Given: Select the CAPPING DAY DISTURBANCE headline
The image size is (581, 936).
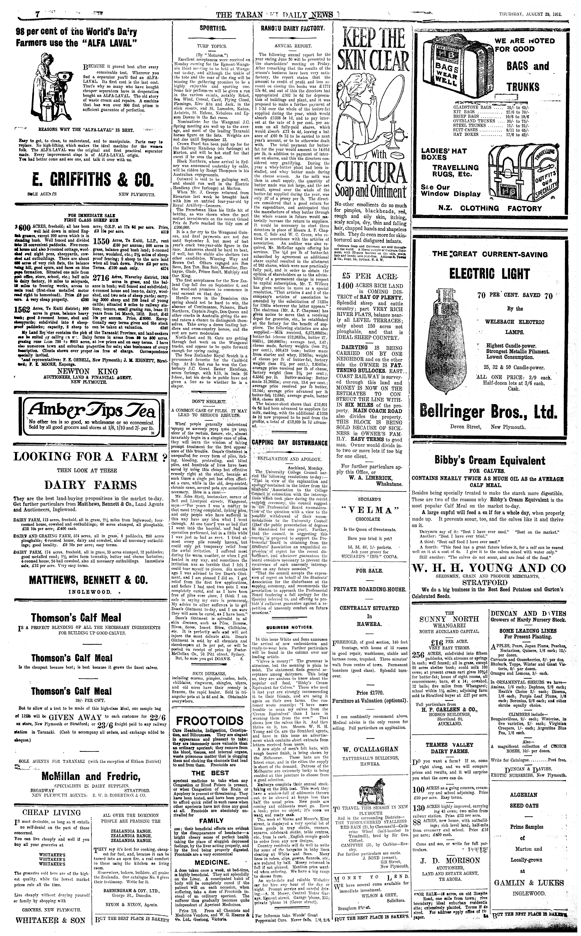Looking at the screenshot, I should coord(290,443).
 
